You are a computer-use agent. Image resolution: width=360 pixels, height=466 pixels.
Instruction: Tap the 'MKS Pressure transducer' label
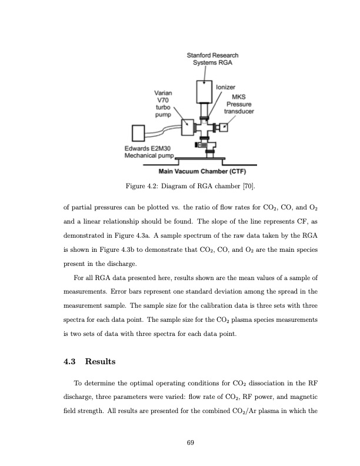click(239, 104)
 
